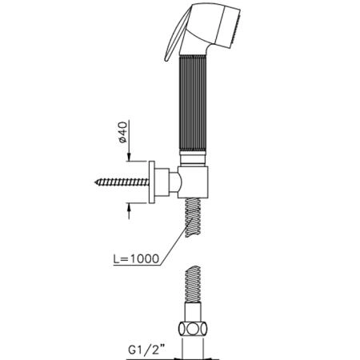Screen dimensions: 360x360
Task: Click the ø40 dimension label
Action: coord(123,132)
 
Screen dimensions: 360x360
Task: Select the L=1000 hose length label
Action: coord(136,258)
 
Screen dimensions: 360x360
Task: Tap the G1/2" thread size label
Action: coord(146,350)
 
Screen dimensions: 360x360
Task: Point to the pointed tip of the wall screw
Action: coord(95,182)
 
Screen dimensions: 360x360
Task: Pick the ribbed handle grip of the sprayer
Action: coord(192,103)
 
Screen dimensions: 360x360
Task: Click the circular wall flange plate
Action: coord(152,182)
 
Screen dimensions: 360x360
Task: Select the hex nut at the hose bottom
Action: coord(193,329)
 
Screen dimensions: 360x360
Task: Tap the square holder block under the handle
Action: coord(193,182)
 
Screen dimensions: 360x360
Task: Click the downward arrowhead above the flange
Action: coord(129,158)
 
